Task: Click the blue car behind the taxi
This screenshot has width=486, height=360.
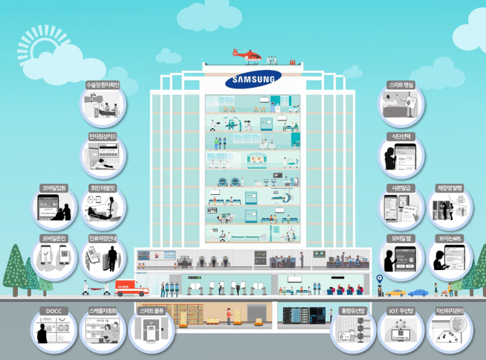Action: tap(418, 292)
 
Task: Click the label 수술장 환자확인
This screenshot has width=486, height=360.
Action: tap(103, 85)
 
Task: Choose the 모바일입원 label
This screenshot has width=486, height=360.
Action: tap(54, 188)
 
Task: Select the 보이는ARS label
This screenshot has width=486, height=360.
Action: tap(450, 240)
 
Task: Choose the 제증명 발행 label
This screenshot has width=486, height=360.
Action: tap(450, 188)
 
